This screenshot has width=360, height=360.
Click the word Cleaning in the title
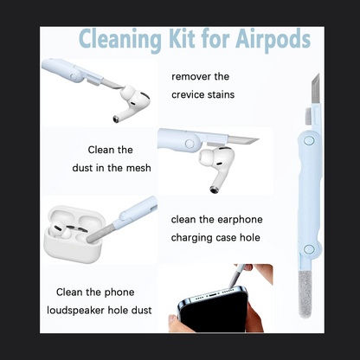click(120, 39)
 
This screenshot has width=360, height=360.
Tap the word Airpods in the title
click(273, 39)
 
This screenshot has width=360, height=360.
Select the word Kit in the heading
click(182, 38)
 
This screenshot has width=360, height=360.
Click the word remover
click(191, 77)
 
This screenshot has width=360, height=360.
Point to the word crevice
click(189, 94)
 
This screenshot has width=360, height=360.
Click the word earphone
click(240, 220)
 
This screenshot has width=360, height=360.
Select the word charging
click(191, 238)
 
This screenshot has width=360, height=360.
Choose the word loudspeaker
click(75, 311)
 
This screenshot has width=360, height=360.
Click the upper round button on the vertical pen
click(309, 141)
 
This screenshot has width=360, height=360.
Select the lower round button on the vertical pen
click(309, 249)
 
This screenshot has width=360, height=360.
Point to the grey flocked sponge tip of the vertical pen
click(305, 294)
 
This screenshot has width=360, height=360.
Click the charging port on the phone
click(213, 295)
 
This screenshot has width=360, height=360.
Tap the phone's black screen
click(214, 314)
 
